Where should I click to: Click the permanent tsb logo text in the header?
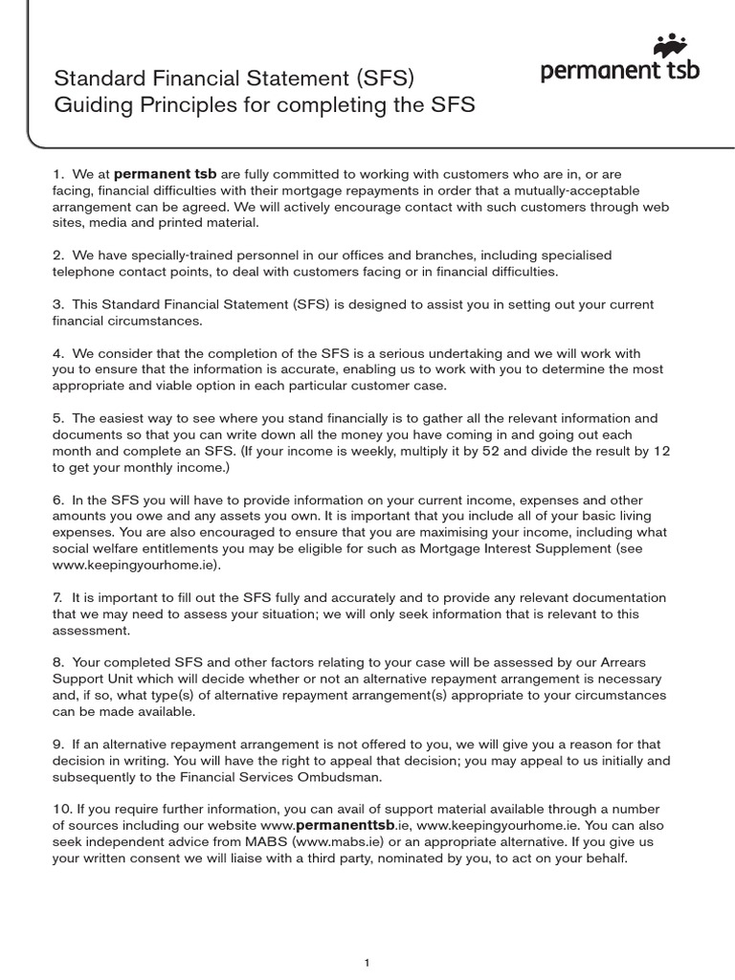pos(620,70)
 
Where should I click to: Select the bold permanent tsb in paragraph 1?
pos(166,175)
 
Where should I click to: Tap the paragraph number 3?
pos(56,304)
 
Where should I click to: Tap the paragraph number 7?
pos(56,597)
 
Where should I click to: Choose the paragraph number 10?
pos(59,810)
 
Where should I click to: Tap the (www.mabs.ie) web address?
pos(325,842)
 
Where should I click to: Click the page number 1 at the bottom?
pos(367,936)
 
